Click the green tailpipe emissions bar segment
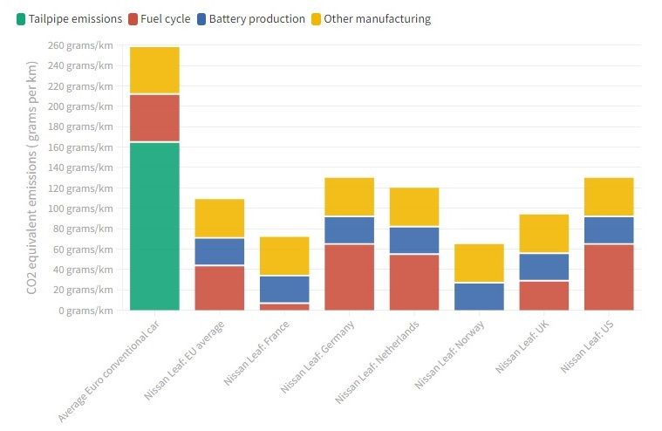(x=154, y=226)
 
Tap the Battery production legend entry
(x=250, y=18)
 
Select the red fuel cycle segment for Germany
(x=349, y=277)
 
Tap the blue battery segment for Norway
(x=479, y=297)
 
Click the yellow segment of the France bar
(x=284, y=256)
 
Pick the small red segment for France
(x=284, y=306)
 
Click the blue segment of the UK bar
(x=543, y=267)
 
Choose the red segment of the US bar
(x=609, y=277)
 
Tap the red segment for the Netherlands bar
(x=413, y=282)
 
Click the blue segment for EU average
(x=219, y=251)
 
